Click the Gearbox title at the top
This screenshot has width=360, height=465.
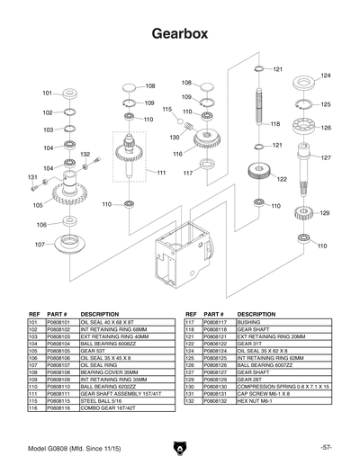pos(180,32)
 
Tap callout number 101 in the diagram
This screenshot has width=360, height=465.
pos(48,94)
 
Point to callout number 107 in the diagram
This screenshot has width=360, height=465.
pos(40,244)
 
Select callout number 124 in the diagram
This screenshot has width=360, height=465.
pos(326,76)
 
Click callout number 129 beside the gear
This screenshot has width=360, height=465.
pos(325,213)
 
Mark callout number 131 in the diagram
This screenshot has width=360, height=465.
pos(32,177)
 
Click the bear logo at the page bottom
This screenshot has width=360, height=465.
pos(179,447)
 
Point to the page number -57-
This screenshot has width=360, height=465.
pos(325,447)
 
